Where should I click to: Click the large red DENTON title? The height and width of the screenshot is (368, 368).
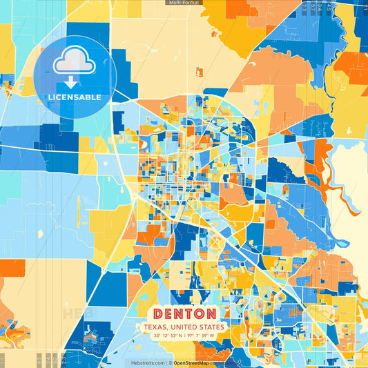point(184,313)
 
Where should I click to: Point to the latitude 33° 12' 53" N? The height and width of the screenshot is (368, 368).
point(166,336)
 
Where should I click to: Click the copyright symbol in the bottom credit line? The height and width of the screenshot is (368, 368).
point(170,362)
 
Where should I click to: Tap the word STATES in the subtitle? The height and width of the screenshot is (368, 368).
point(211,327)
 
